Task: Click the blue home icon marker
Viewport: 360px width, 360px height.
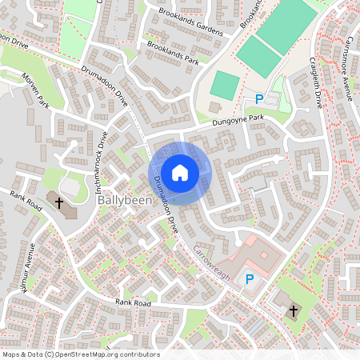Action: point(180,172)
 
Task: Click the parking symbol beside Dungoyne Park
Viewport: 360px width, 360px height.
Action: point(258,98)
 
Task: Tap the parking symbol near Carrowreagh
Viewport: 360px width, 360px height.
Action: point(250,279)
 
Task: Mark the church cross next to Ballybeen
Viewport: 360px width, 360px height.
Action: point(59,203)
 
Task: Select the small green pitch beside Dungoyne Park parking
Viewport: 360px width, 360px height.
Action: point(226,85)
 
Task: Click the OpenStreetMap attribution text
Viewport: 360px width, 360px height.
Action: point(80,354)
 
